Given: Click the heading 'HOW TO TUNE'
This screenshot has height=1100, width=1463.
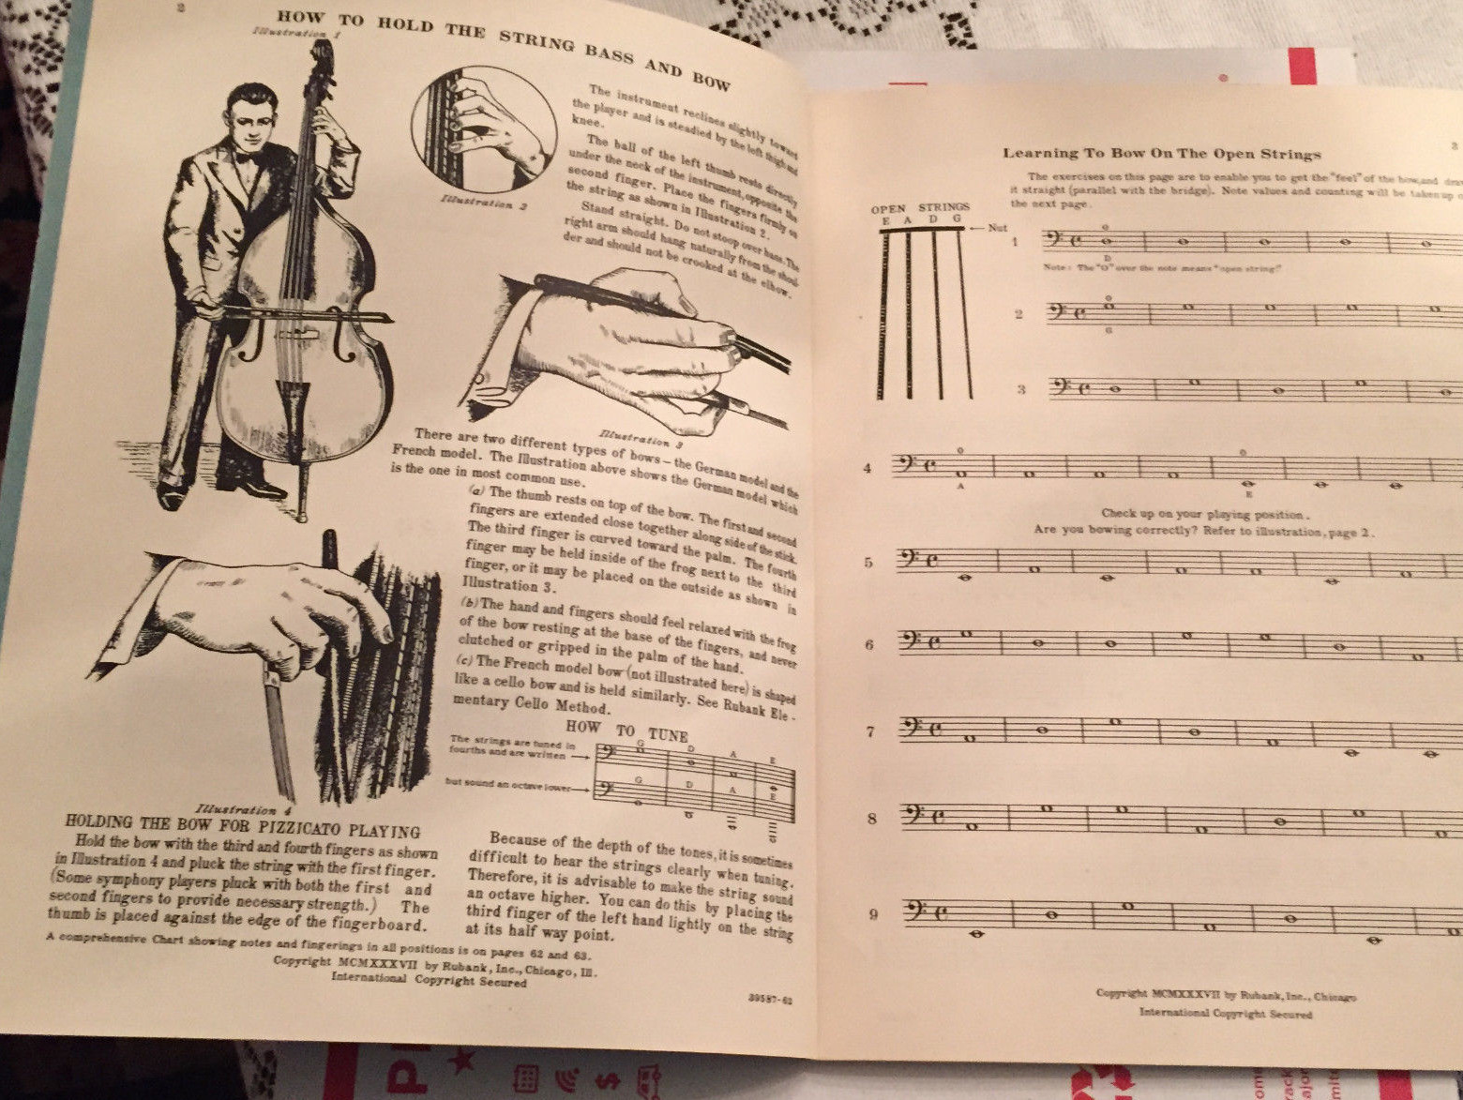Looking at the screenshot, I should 626,731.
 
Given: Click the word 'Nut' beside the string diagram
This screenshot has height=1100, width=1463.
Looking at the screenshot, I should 997,228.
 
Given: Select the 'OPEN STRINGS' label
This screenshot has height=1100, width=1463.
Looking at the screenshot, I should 920,207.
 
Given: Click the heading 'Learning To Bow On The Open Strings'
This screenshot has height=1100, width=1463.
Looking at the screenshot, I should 1161,154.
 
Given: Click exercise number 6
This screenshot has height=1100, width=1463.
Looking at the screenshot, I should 869,644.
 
